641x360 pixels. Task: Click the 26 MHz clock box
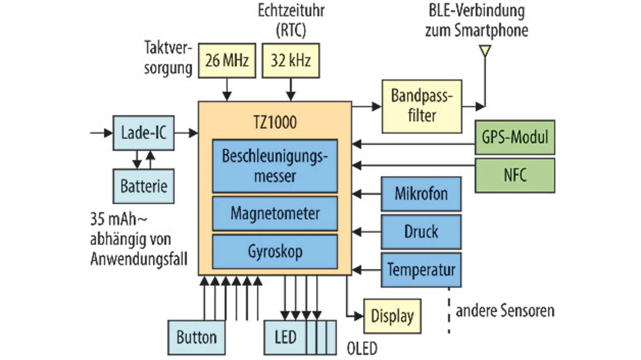point(227,61)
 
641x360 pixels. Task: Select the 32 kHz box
point(290,61)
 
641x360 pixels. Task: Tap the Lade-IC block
point(144,133)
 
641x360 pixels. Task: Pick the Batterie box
point(144,186)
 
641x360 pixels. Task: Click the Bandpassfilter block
point(421,106)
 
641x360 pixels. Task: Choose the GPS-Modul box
point(515,137)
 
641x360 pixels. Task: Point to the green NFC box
point(515,175)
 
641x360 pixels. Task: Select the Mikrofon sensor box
point(421,194)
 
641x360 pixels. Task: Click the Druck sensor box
point(421,232)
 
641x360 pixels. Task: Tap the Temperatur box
point(421,269)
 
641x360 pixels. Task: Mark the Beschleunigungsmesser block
point(275,166)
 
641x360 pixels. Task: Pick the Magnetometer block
point(275,213)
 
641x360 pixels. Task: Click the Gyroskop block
point(275,251)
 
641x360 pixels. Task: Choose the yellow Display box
point(392,316)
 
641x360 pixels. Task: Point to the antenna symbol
point(484,51)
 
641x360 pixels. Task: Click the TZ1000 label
point(274,121)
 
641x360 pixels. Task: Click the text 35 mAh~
point(118,220)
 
